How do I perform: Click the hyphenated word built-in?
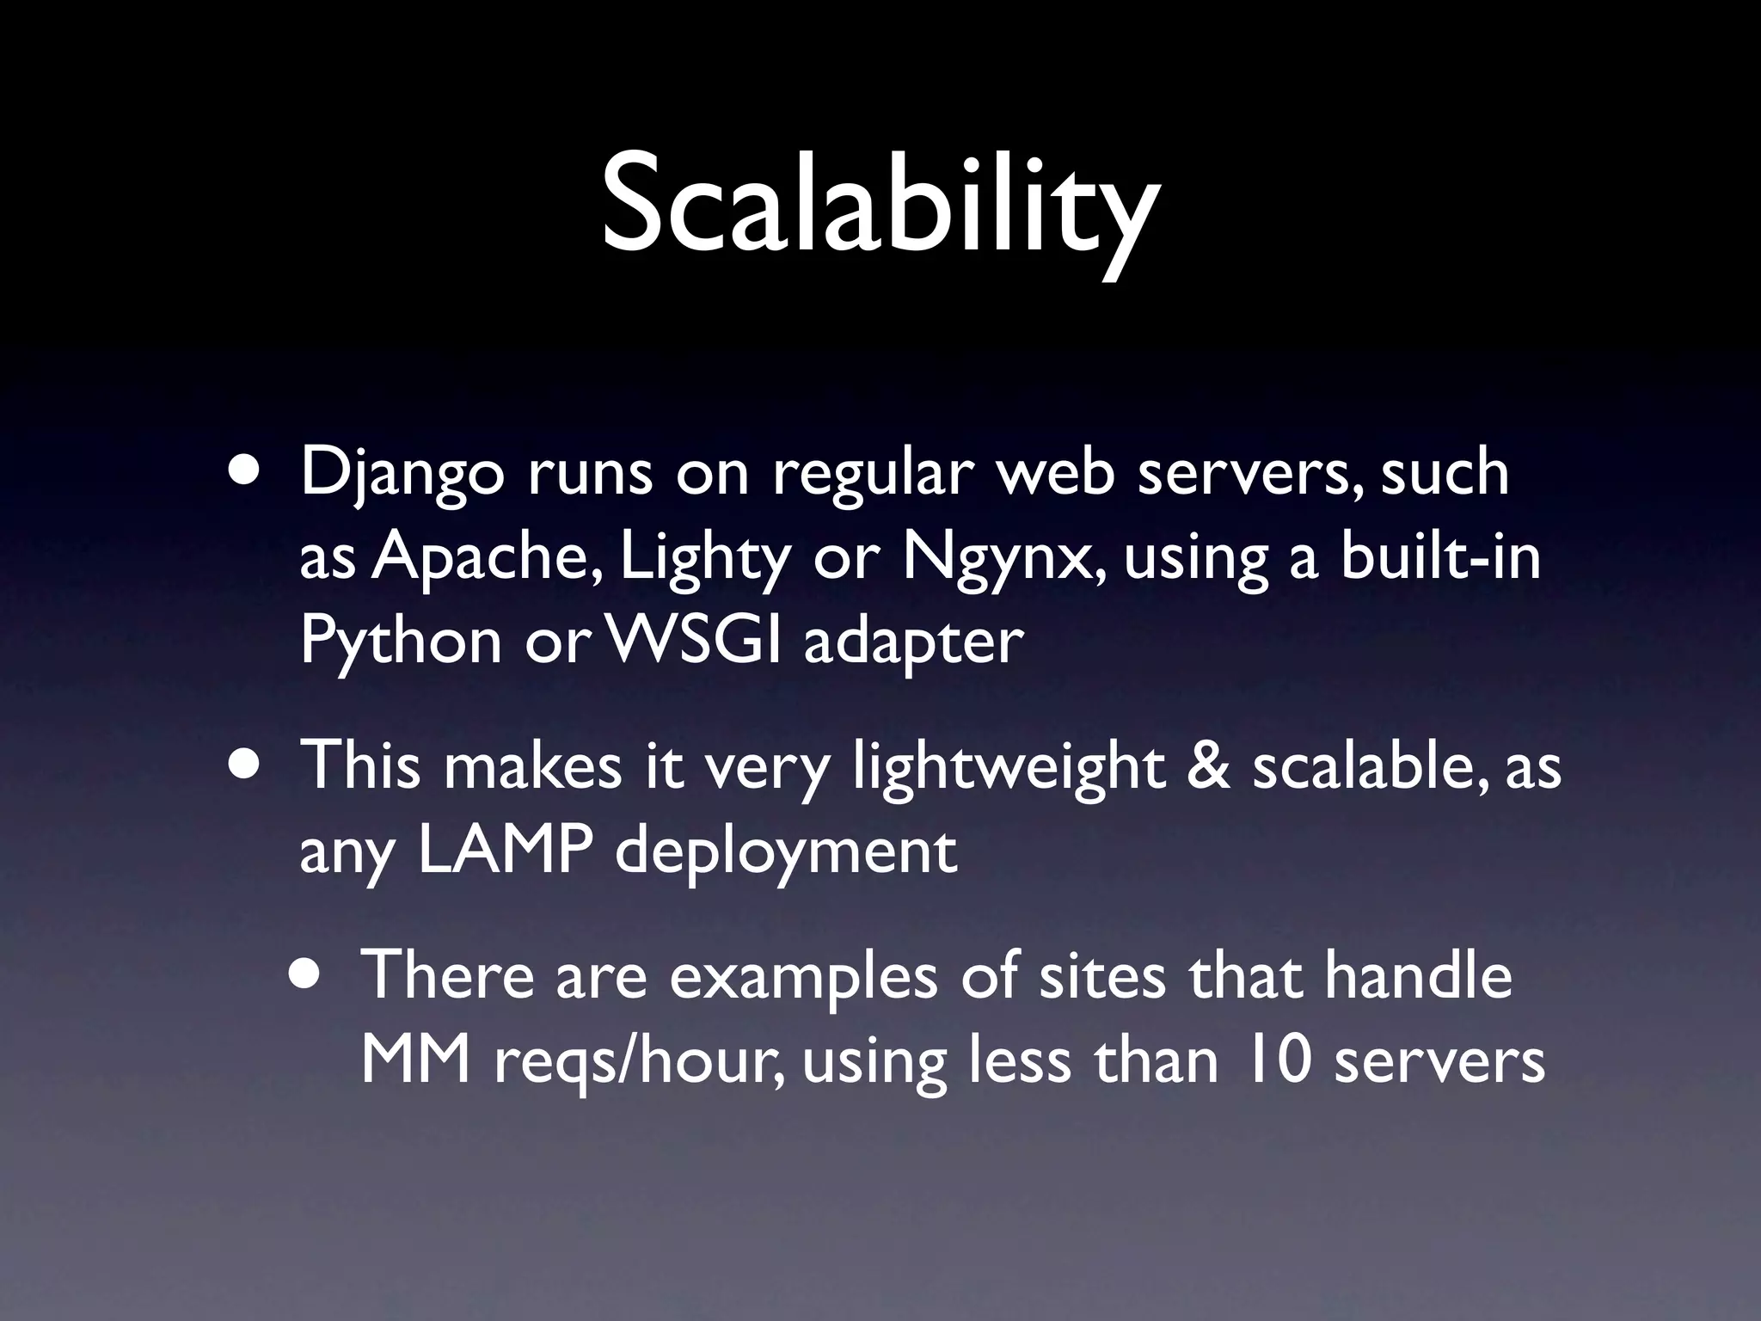pyautogui.click(x=1440, y=556)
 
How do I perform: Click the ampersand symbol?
pyautogui.click(x=1207, y=765)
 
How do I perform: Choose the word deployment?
pyautogui.click(x=785, y=853)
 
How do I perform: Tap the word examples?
pyautogui.click(x=803, y=978)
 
